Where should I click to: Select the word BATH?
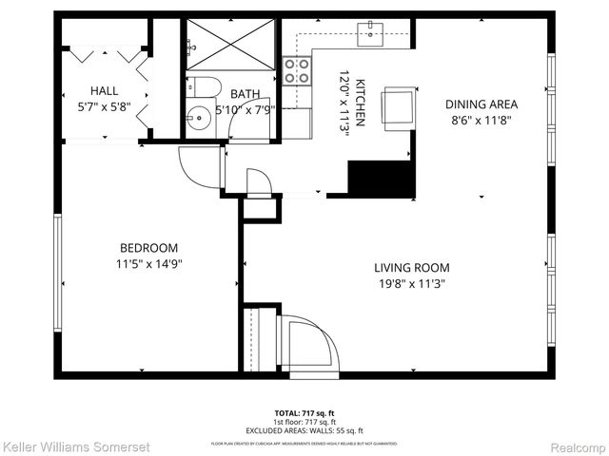click(246, 93)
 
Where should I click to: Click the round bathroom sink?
click(199, 121)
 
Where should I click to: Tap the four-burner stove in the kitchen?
click(297, 69)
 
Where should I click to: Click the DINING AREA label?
click(481, 104)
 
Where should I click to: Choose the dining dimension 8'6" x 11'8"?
click(481, 121)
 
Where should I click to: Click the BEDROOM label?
click(148, 248)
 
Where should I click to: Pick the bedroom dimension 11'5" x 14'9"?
click(148, 264)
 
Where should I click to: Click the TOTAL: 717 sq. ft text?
click(304, 412)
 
